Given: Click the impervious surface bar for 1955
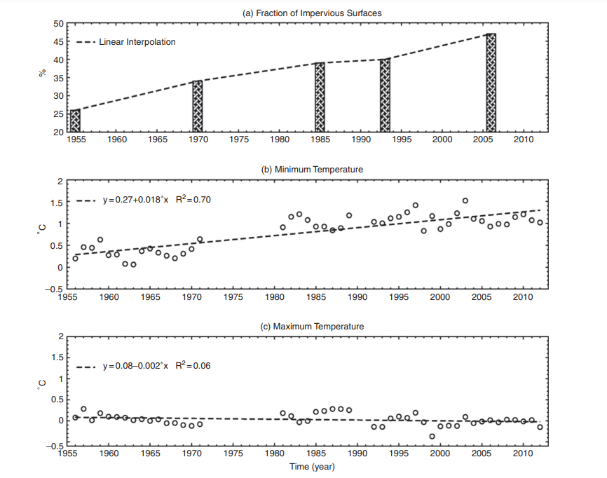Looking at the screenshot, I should (75, 121).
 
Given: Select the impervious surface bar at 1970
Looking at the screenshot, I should (198, 107).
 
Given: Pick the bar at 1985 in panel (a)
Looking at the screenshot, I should (320, 97).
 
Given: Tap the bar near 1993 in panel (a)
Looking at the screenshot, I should (385, 95).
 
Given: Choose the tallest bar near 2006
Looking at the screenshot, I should (491, 83).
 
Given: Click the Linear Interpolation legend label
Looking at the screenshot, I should (137, 42).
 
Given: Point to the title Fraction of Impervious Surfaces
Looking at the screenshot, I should (303, 13).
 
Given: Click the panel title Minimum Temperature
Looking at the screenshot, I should (303, 170).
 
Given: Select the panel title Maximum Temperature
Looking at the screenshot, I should (303, 326).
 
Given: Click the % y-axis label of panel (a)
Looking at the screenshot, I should (43, 74).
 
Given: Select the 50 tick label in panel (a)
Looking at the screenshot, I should (58, 24).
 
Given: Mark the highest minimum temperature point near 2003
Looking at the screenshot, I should (465, 200).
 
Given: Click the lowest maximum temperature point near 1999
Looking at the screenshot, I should (432, 436).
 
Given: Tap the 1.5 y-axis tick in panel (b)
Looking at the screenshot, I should (57, 203).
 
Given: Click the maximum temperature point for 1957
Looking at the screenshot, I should (83, 409).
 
